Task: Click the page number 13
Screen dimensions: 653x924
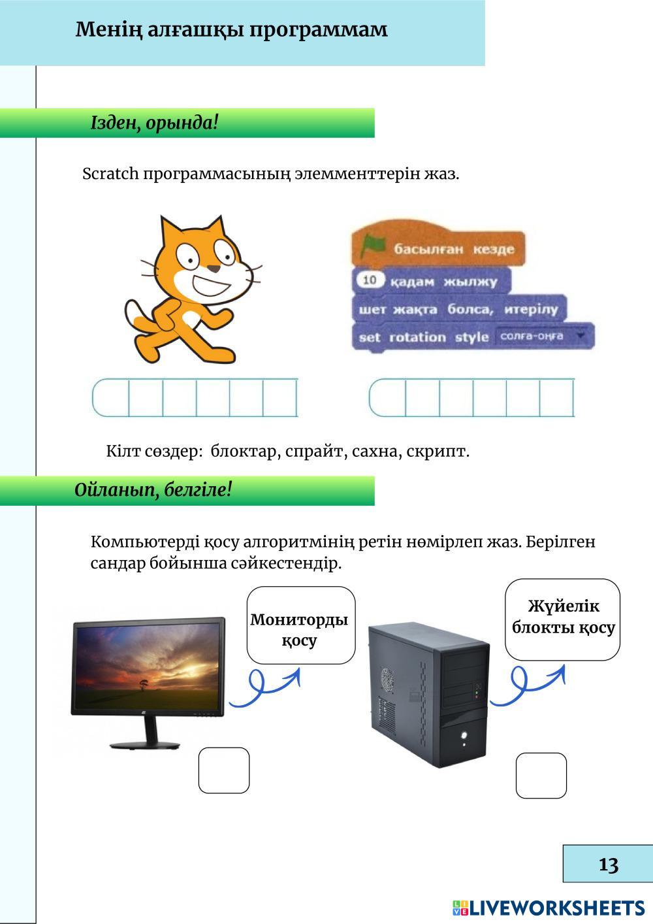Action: [608, 864]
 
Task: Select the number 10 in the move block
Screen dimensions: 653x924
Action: [370, 280]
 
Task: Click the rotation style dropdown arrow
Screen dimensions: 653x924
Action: [582, 336]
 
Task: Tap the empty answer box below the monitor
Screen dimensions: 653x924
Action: [224, 770]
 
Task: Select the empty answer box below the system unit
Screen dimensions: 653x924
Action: [541, 776]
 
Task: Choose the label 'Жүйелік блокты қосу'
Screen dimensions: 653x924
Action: [563, 618]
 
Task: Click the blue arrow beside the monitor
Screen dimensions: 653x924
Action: [264, 687]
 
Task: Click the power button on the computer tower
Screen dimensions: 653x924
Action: [464, 733]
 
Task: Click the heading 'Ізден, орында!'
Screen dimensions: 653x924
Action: [154, 123]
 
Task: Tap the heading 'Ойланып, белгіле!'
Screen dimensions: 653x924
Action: [153, 489]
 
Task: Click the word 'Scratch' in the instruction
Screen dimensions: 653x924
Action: [111, 174]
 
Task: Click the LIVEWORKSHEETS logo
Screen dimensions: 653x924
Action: [549, 907]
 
